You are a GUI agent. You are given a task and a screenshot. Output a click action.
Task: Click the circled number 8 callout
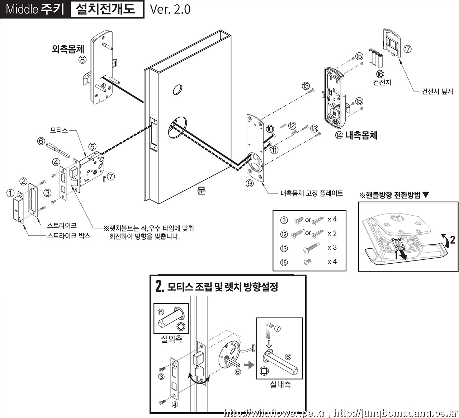[x=83, y=60]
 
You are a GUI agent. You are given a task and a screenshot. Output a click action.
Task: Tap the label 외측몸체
[x=68, y=49]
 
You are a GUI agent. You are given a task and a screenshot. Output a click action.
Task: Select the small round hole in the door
[x=177, y=89]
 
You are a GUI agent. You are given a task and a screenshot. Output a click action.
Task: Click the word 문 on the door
[x=201, y=190]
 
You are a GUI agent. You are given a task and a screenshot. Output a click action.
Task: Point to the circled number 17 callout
[x=407, y=49]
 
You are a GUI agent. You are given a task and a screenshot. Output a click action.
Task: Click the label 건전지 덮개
[x=437, y=91]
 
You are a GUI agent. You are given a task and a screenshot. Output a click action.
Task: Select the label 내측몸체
[x=361, y=135]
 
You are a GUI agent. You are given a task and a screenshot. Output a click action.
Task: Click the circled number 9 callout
[x=250, y=183]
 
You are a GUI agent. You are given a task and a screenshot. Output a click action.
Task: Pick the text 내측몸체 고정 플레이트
[x=312, y=194]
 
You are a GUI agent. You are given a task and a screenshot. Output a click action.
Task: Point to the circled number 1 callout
[x=10, y=193]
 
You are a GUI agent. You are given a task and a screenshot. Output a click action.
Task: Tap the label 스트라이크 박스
[x=69, y=236]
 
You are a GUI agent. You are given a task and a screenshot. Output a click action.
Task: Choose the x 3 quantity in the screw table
[x=332, y=248]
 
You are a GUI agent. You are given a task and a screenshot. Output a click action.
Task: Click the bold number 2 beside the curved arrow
[x=453, y=240]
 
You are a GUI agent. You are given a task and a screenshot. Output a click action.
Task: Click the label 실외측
[x=171, y=338]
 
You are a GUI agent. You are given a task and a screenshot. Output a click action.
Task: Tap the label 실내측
[x=280, y=385]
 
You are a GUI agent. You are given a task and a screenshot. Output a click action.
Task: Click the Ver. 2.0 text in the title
[x=170, y=9]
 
